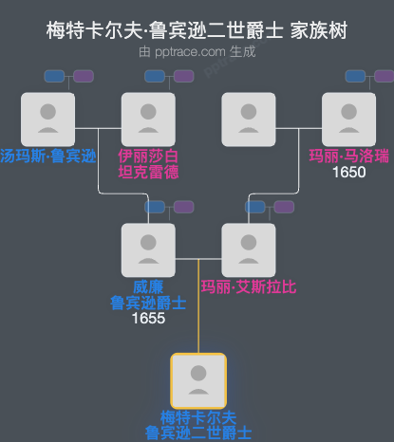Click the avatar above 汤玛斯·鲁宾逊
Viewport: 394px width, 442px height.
click(47, 119)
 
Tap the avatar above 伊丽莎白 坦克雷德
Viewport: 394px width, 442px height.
click(148, 119)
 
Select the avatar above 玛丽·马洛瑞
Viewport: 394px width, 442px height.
click(348, 119)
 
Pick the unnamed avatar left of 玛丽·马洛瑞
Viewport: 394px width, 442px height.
click(248, 119)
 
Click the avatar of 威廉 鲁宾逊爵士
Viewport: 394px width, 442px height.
click(148, 249)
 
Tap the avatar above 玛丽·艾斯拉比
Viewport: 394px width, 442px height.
click(248, 249)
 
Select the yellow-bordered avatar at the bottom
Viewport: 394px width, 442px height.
click(197, 380)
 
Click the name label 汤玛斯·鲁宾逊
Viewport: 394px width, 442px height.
click(47, 156)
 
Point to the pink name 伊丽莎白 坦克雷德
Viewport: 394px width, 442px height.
click(148, 163)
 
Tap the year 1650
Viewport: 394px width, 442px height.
click(349, 173)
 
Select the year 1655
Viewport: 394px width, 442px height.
click(148, 318)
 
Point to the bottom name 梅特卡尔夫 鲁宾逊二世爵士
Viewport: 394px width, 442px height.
click(197, 425)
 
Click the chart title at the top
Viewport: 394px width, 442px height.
click(197, 30)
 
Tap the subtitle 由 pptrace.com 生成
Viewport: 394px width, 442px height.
click(197, 52)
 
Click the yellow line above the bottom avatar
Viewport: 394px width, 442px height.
click(197, 313)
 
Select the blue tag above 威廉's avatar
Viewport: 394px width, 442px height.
click(156, 207)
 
